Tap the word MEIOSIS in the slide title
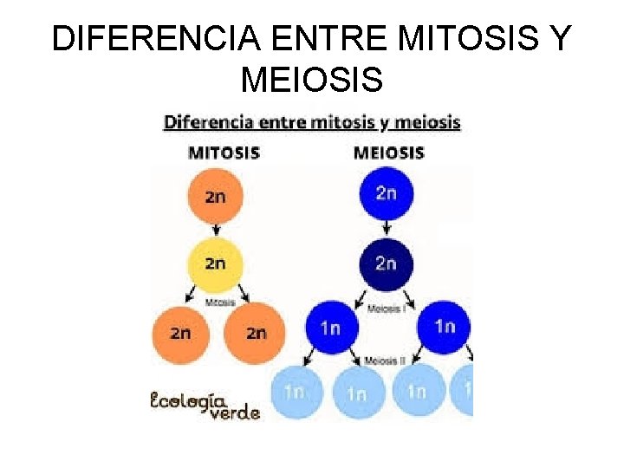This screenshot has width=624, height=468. click(312, 80)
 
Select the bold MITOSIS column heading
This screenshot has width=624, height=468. click(224, 153)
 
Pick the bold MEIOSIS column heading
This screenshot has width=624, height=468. click(389, 153)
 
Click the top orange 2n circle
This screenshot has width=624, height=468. click(215, 196)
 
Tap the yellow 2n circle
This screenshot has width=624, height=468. click(215, 263)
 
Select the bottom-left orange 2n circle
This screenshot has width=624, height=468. click(181, 333)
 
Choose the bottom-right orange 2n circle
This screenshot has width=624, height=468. click(254, 333)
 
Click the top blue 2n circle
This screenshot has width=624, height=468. click(387, 192)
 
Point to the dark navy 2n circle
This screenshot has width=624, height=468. click(387, 263)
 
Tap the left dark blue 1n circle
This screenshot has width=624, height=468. click(331, 328)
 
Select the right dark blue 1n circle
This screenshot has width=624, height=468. click(445, 326)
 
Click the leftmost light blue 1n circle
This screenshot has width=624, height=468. click(294, 391)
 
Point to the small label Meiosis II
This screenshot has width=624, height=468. click(386, 361)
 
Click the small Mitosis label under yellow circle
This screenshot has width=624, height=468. click(219, 302)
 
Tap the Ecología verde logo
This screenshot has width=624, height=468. click(205, 406)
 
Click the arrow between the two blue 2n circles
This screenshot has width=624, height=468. click(387, 228)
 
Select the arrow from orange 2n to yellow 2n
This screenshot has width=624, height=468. click(215, 230)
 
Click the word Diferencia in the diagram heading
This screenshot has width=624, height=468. click(206, 122)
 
